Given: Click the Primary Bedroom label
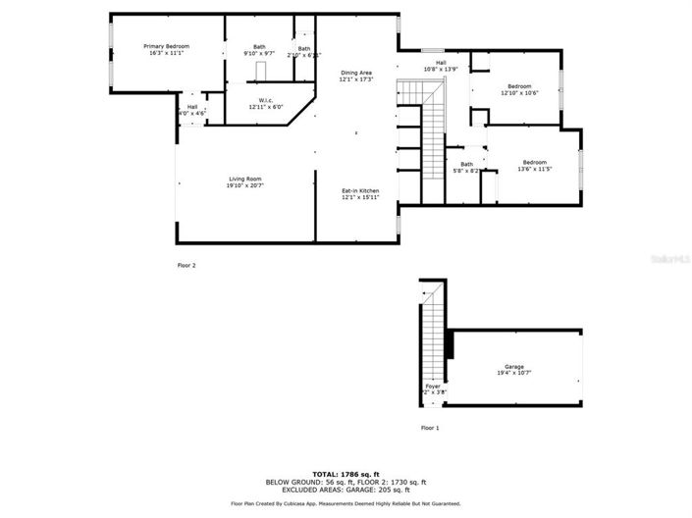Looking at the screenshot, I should point(166,46).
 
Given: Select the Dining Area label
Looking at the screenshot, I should point(356,73).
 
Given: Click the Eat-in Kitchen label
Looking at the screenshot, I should point(359,190).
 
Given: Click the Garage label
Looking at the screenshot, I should point(514,367).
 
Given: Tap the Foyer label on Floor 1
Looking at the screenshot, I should point(433,386).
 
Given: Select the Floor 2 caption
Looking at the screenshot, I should point(186,265).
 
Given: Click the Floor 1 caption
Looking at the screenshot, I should point(430,428).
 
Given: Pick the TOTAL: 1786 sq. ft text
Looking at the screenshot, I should point(346,474).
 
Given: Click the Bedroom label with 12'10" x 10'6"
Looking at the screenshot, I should point(519,86).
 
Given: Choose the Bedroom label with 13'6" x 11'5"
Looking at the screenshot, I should point(534,162).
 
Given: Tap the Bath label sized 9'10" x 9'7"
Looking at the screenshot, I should point(259,46).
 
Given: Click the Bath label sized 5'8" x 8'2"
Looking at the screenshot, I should point(466,164).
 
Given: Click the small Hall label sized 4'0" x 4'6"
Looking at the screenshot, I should point(192,106).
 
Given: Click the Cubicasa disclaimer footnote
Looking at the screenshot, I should point(346,503).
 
